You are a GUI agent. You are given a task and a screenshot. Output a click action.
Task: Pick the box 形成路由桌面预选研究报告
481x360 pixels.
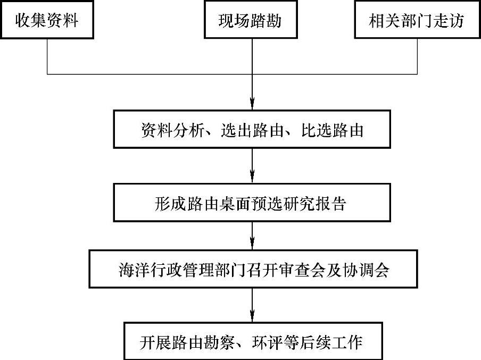coord(252,203)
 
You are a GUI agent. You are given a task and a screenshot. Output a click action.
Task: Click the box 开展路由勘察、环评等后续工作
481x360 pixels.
coord(252,341)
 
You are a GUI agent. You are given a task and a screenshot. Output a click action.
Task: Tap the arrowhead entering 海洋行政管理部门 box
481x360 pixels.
coord(252,246)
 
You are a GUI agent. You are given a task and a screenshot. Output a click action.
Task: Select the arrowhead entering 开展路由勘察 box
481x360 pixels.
coord(252,317)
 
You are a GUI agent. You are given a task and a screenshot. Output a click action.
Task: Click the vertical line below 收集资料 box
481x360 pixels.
coord(48,56)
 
